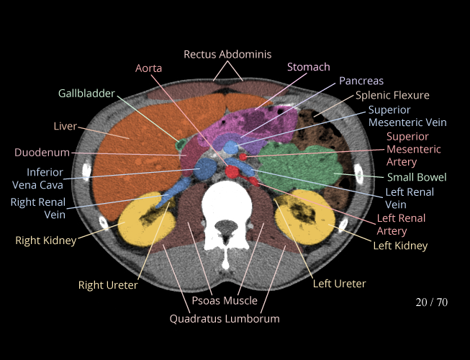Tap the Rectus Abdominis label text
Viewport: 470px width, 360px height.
[227, 54]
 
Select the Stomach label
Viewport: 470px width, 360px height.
[308, 67]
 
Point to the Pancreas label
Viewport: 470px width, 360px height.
[361, 81]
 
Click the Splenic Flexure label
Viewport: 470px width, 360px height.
[392, 95]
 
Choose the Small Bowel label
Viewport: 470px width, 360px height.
[417, 177]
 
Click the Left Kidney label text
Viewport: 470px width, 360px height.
[400, 246]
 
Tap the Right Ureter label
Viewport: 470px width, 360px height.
[108, 285]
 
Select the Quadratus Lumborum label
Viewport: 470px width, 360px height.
[225, 318]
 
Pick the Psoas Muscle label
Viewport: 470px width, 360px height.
[225, 300]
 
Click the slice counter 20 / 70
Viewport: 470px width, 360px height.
[431, 302]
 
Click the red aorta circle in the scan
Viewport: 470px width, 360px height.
[232, 172]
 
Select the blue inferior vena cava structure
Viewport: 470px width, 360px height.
[204, 170]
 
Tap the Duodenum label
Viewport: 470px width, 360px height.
[42, 153]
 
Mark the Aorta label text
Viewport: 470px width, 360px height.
[149, 68]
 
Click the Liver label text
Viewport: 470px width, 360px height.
[65, 127]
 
